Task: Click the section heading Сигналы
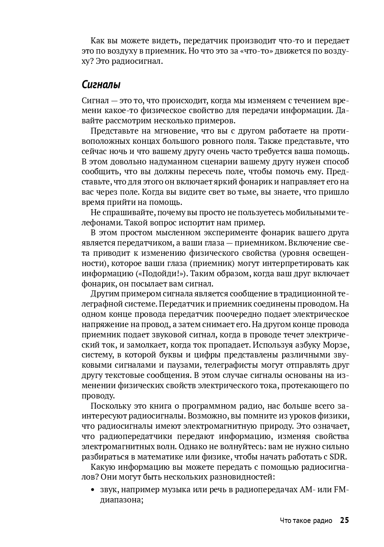point(101,85)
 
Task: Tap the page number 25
point(344,520)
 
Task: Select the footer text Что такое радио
point(306,521)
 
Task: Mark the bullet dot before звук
point(93,490)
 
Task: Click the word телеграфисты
point(231,365)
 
